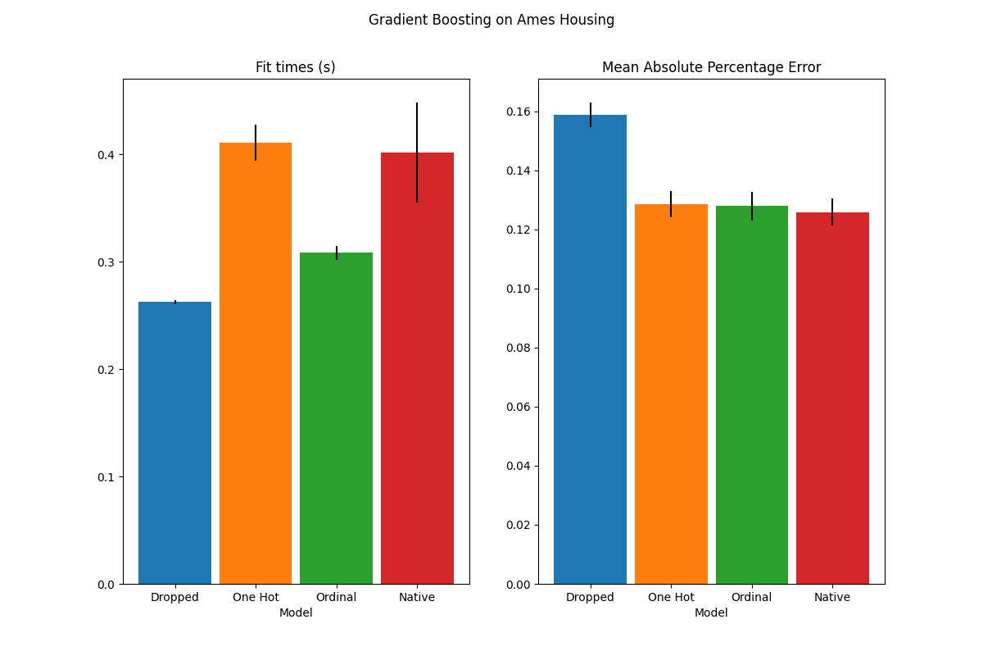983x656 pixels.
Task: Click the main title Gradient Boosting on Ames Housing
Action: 491,20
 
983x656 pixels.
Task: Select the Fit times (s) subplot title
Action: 295,67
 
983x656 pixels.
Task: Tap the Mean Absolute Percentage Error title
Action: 711,67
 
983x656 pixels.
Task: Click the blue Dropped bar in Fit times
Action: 174,443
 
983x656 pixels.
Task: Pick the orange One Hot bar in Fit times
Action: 256,369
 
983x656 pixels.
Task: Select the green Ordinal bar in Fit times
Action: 336,418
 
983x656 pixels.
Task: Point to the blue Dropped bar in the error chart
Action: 590,353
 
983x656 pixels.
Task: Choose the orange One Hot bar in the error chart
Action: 671,394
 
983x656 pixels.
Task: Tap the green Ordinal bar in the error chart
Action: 751,394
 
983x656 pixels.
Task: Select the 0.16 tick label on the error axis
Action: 521,112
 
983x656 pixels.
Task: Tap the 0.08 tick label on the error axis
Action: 521,348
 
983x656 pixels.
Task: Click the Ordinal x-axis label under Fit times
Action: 336,597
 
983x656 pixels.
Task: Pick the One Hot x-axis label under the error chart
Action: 671,597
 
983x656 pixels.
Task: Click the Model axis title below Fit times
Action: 295,613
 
